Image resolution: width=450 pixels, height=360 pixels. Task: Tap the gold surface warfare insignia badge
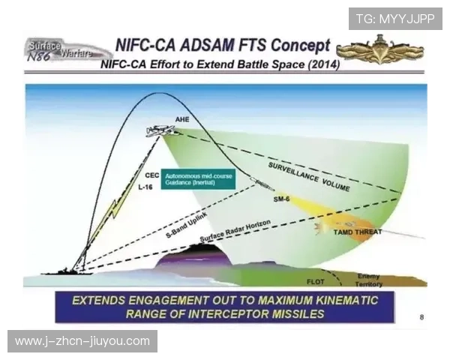tap(379, 51)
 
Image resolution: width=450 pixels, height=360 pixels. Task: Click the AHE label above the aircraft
tap(182, 119)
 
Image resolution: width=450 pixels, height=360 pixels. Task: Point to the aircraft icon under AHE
tap(162, 130)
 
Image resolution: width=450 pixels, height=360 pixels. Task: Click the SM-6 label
tap(281, 198)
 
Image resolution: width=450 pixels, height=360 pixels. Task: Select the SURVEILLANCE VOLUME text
tap(308, 176)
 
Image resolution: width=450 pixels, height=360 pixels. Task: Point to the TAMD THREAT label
tap(357, 232)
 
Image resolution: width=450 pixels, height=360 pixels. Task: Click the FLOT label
tap(316, 282)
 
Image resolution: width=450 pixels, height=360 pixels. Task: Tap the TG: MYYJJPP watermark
tap(394, 18)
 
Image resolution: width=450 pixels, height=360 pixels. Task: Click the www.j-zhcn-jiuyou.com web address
tap(82, 341)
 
